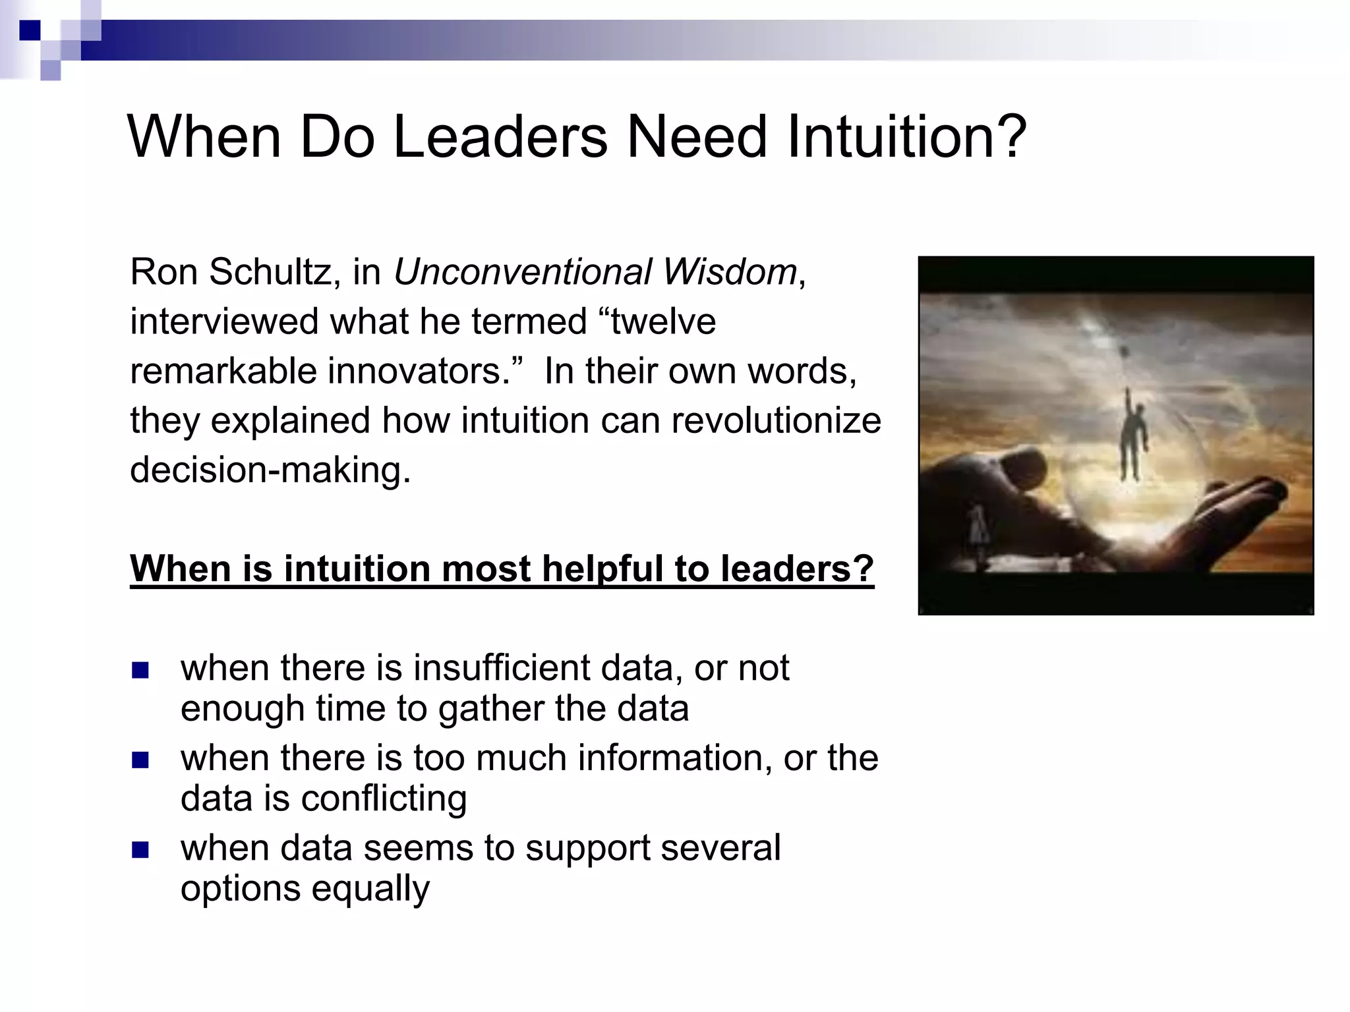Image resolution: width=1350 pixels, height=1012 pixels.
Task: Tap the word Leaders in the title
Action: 500,136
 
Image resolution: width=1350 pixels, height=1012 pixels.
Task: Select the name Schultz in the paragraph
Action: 270,271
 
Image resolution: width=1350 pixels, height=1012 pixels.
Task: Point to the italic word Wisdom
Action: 730,271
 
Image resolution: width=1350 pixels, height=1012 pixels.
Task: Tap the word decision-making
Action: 270,470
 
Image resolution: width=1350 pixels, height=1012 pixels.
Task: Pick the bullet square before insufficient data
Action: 140,670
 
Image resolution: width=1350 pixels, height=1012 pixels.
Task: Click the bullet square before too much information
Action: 140,760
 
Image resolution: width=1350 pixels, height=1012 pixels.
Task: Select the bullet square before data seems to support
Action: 140,850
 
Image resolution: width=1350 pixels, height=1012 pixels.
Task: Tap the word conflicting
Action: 384,799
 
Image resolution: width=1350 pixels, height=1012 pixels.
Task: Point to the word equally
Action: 370,889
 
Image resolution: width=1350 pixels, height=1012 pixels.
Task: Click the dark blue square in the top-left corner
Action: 30,30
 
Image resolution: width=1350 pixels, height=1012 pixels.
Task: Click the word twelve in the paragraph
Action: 663,322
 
